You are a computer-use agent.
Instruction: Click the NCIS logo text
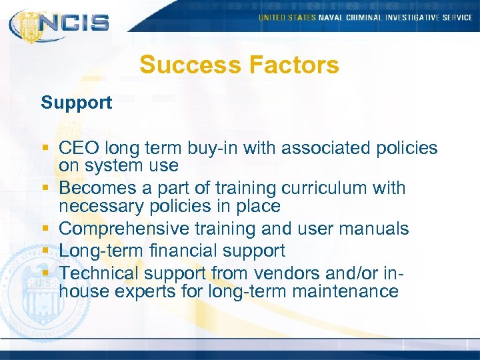coord(73,22)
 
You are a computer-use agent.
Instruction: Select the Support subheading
coord(76,103)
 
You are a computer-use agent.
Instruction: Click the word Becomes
coord(99,188)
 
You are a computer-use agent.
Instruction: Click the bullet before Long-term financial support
coord(46,251)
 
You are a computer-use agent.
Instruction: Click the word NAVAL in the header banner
coord(331,17)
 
